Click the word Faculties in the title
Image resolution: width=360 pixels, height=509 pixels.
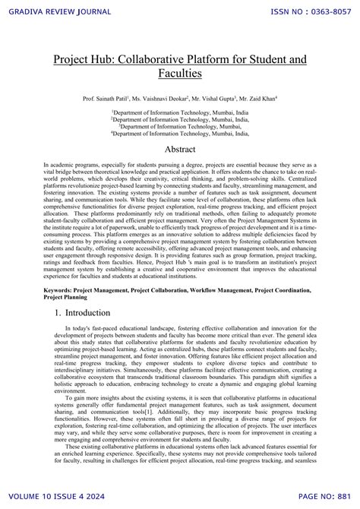[x=180, y=74]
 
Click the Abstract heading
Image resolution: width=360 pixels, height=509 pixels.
[x=180, y=150]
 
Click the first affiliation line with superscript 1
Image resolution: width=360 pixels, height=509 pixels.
[x=180, y=112]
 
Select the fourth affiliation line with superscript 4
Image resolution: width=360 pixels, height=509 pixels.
[x=180, y=132]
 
